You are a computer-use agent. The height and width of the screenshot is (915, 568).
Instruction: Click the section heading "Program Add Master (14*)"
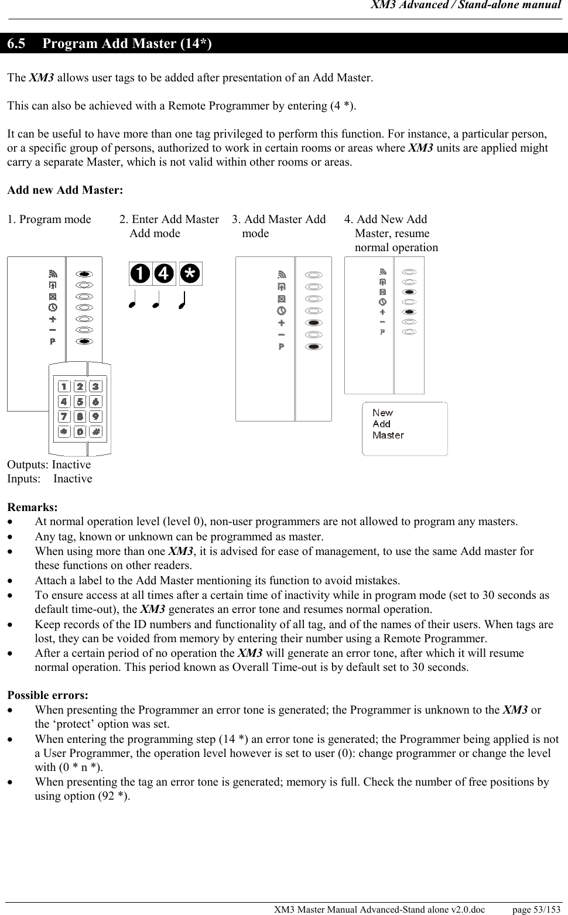pyautogui.click(x=127, y=44)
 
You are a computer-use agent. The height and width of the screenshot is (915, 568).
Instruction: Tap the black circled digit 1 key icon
pyautogui.click(x=140, y=273)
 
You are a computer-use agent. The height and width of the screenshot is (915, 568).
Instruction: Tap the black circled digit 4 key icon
pyautogui.click(x=165, y=273)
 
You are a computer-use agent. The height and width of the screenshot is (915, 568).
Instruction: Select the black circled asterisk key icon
pyautogui.click(x=190, y=273)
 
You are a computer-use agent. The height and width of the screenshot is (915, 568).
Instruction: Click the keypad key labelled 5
pyautogui.click(x=80, y=402)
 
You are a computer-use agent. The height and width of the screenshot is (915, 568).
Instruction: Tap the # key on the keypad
pyautogui.click(x=95, y=431)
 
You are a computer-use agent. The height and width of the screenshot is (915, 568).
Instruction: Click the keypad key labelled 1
pyautogui.click(x=64, y=386)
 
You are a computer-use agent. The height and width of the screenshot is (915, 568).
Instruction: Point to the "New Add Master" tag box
pyautogui.click(x=405, y=429)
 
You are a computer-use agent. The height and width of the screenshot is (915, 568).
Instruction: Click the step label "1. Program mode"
pyautogui.click(x=49, y=220)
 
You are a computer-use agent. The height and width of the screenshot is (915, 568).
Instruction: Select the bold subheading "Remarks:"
pyautogui.click(x=32, y=507)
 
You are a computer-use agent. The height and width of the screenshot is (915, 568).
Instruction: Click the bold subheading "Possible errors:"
pyautogui.click(x=48, y=695)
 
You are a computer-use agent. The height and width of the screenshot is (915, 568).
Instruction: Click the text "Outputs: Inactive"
pyautogui.click(x=49, y=465)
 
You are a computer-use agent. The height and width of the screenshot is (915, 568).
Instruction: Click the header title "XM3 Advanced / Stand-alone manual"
pyautogui.click(x=466, y=6)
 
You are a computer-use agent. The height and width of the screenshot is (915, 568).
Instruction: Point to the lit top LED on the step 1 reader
pyautogui.click(x=85, y=273)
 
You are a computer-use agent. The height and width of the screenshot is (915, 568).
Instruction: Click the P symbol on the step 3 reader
pyautogui.click(x=282, y=347)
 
